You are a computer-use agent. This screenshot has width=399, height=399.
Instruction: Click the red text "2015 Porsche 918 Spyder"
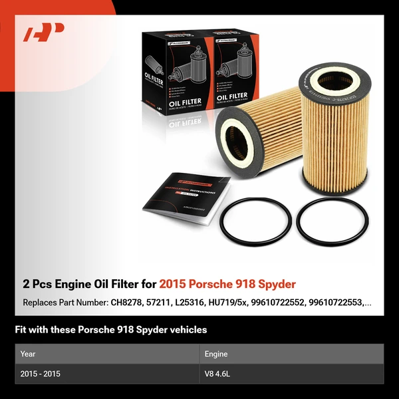227,285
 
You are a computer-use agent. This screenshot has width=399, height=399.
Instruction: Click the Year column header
28,354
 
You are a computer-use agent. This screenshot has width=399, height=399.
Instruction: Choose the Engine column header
216,354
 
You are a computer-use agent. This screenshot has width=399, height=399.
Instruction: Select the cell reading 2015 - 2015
41,374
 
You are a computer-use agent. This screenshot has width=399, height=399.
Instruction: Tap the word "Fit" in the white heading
21,330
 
